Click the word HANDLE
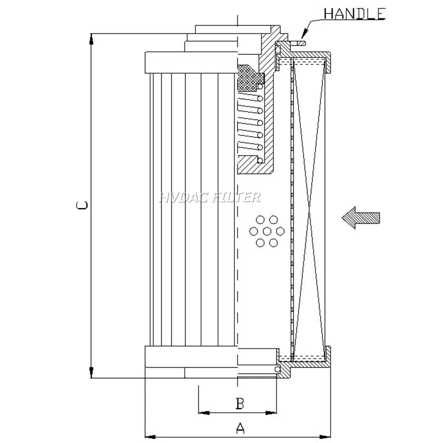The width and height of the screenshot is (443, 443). point(354,13)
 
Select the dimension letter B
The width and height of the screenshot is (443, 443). point(239,403)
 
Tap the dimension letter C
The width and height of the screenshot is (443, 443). point(81,205)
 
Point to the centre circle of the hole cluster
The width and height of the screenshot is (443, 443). point(267,231)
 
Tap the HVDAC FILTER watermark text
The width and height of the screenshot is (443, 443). point(210,197)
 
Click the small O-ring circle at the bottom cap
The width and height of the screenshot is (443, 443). point(278,369)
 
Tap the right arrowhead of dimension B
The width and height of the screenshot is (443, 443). point(271,413)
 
